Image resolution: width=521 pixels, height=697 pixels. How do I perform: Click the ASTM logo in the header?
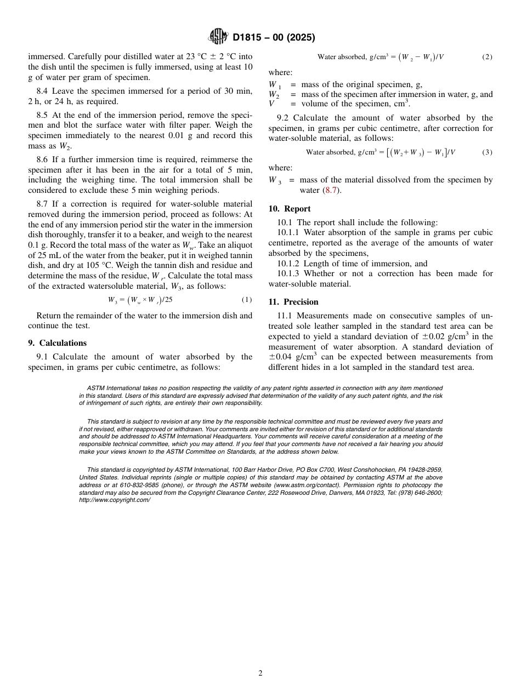(219, 37)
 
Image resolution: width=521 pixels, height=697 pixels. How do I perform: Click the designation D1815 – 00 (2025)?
(274, 38)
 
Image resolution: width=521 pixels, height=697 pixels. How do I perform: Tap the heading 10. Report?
(290, 209)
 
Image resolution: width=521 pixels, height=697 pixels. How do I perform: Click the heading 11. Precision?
(293, 302)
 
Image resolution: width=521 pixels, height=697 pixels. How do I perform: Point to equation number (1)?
(246, 300)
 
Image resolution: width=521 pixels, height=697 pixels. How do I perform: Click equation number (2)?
(486, 57)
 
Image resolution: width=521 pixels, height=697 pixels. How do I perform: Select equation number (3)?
(486, 152)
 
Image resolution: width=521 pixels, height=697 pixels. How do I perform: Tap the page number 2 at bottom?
(260, 673)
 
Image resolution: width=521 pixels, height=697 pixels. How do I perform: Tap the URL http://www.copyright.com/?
(114, 500)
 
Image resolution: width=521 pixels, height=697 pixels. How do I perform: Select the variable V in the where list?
(272, 104)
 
